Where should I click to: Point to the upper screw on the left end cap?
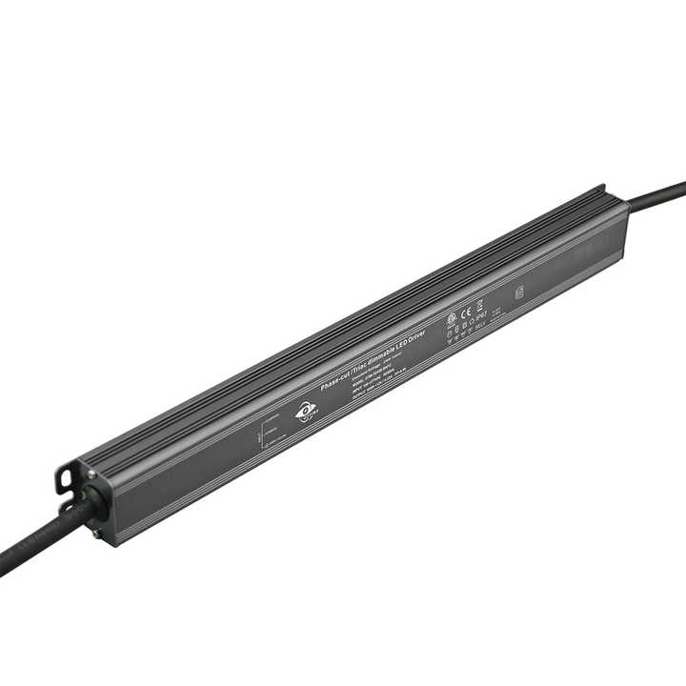[x=91, y=474]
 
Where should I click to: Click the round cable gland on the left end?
[x=93, y=503]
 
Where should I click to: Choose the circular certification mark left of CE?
[x=452, y=317]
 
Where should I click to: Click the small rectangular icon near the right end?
[x=519, y=293]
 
